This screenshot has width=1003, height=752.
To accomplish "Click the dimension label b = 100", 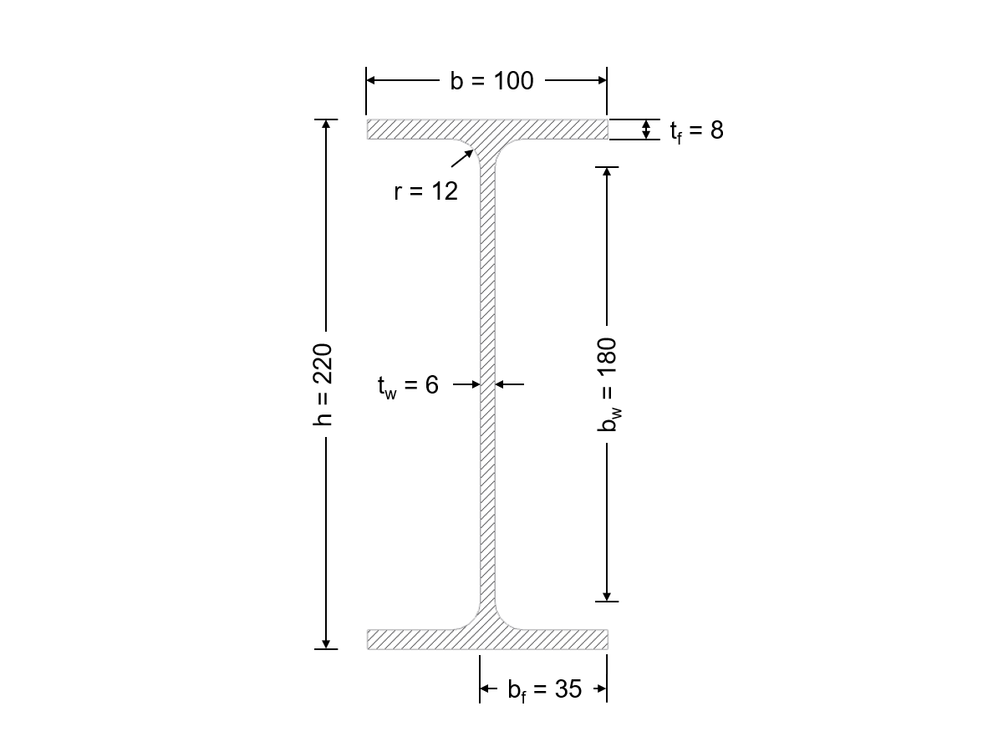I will pos(491,81).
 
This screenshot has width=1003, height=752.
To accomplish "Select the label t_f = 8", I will pos(695,130).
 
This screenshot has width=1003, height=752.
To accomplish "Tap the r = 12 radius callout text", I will pos(425,191).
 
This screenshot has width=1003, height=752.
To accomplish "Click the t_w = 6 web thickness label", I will pos(408,385).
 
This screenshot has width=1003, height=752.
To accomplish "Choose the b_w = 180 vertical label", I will pos(608,384).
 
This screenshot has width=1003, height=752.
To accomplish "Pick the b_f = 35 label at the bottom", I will pos(544,690).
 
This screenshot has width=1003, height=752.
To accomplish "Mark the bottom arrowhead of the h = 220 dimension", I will pos(326,643).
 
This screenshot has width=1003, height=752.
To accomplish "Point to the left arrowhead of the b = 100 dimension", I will pos(373,81).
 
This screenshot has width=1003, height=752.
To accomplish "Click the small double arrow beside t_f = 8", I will pos(645,130).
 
